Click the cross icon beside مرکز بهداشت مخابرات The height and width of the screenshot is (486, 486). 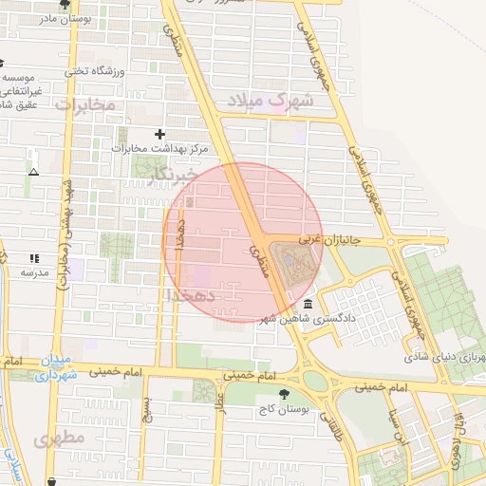click(x=159, y=134)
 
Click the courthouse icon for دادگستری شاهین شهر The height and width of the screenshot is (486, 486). click(x=308, y=304)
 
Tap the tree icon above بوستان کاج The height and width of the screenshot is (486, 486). click(x=283, y=392)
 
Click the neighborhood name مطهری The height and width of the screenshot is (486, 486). click(x=60, y=439)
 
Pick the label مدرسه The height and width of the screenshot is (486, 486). click(x=34, y=271)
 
